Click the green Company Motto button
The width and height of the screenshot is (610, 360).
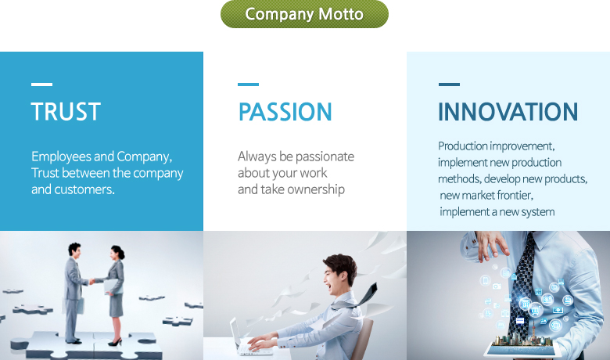coord(304,14)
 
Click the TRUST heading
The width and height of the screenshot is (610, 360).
coord(66,112)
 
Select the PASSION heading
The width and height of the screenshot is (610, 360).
coord(285,112)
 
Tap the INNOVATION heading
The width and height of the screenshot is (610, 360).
coord(508,112)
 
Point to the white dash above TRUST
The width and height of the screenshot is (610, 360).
coord(41,84)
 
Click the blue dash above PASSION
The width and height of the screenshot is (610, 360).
coord(248,84)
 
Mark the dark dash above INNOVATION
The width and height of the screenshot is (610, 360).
coord(449,84)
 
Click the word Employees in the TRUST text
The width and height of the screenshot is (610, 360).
coord(62,157)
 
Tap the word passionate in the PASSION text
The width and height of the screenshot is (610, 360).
coord(325,157)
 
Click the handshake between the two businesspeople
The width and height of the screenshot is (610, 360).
coord(92,281)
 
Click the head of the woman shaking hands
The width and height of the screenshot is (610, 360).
coord(117,254)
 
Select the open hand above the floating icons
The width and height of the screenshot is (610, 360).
coord(491,244)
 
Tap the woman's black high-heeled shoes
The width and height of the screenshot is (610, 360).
coord(115,342)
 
